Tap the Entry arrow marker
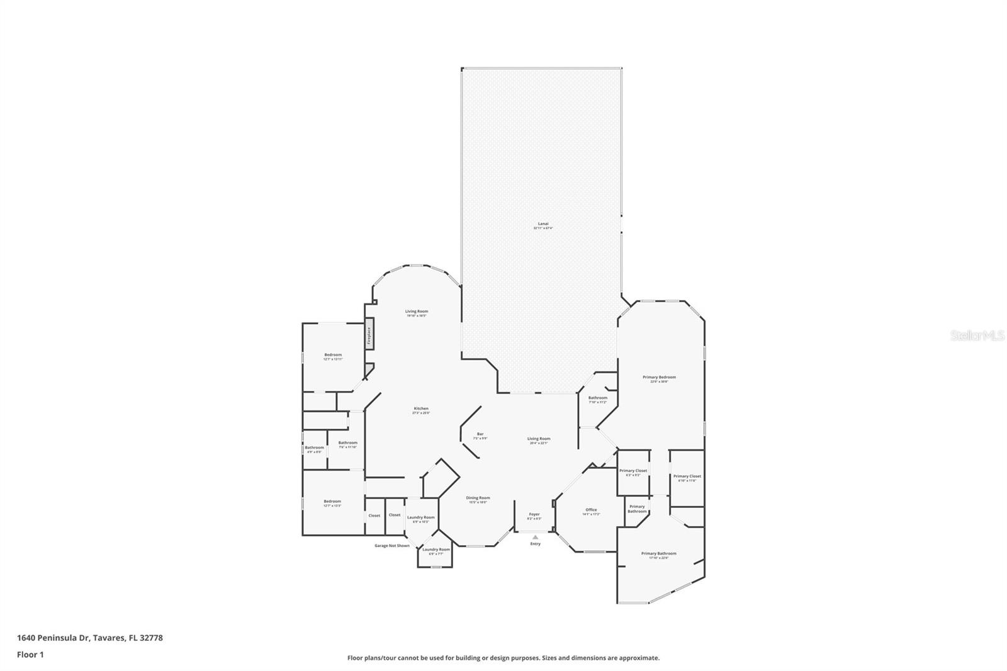click(x=535, y=538)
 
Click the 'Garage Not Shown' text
click(x=391, y=546)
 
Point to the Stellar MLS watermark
click(x=977, y=336)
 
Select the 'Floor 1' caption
click(x=30, y=655)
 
